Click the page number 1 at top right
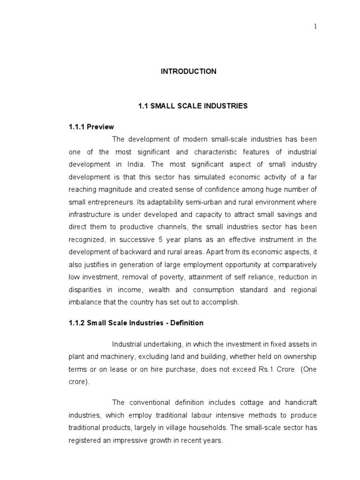tap(315, 27)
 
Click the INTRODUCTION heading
tap(188, 71)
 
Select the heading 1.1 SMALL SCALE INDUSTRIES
tap(193, 106)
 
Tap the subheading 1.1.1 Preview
tap(89, 127)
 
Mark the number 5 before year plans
tap(156, 240)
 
